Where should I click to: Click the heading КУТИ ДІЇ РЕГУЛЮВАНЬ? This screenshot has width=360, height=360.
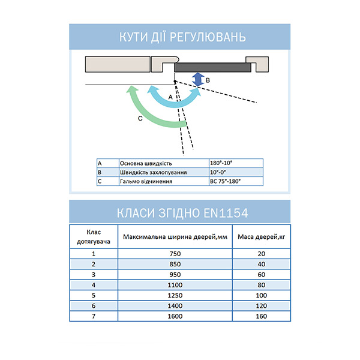click(x=179, y=38)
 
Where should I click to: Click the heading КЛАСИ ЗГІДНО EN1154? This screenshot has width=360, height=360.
click(x=179, y=213)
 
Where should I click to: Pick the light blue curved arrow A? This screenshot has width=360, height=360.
click(x=174, y=99)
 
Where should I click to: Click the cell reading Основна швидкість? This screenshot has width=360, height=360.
click(x=146, y=163)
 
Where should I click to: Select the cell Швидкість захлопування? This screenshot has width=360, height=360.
click(x=153, y=172)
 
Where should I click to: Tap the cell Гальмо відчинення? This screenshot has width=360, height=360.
click(x=147, y=181)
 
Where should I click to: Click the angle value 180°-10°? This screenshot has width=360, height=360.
click(x=221, y=163)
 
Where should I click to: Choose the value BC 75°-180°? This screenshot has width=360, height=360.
click(x=224, y=181)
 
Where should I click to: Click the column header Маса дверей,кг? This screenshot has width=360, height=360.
click(x=261, y=236)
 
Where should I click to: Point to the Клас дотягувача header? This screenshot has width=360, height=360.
click(x=94, y=236)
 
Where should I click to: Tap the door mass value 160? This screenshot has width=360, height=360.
click(x=261, y=316)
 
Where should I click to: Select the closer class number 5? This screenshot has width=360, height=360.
click(x=94, y=295)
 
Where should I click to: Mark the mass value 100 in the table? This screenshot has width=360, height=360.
click(x=261, y=295)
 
